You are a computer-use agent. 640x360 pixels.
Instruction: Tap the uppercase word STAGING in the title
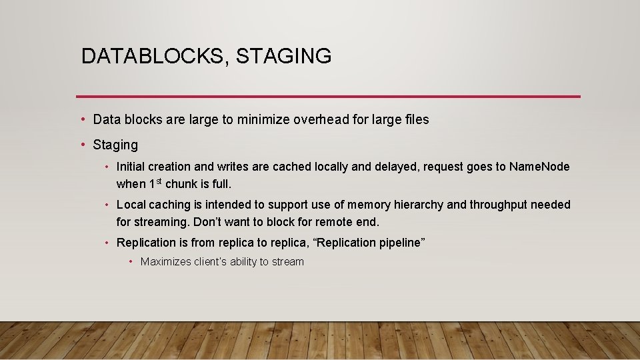(283, 56)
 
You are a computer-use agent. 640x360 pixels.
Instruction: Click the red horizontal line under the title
(328, 97)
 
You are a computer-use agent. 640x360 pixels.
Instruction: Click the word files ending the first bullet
(416, 120)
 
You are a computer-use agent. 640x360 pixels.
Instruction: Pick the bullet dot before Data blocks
(83, 120)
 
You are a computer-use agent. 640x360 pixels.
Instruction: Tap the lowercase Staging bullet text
(115, 145)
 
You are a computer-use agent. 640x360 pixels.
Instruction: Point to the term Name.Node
(539, 167)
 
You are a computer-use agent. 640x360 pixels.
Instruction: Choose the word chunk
(182, 184)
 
